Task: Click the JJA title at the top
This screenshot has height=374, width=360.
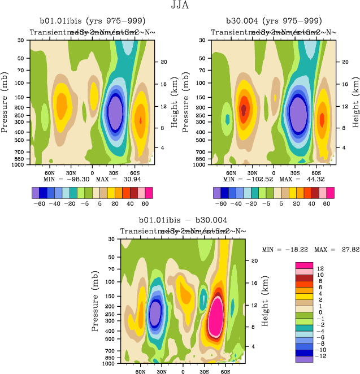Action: click(179, 6)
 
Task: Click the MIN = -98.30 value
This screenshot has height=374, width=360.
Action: click(63, 179)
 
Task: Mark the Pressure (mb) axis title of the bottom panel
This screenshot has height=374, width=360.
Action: click(96, 301)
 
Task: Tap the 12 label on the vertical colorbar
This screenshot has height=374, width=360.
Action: click(320, 269)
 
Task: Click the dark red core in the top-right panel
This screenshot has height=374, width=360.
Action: click(244, 108)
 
